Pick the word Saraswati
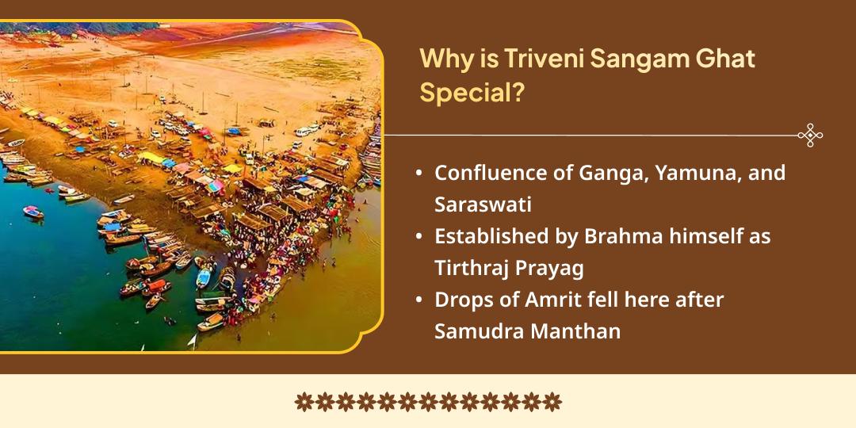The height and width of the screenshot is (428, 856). [x=483, y=204]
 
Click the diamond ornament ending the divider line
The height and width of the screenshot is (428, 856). [x=810, y=136]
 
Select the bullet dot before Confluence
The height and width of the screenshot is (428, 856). [x=418, y=174]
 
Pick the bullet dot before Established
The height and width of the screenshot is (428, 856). [x=418, y=237]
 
